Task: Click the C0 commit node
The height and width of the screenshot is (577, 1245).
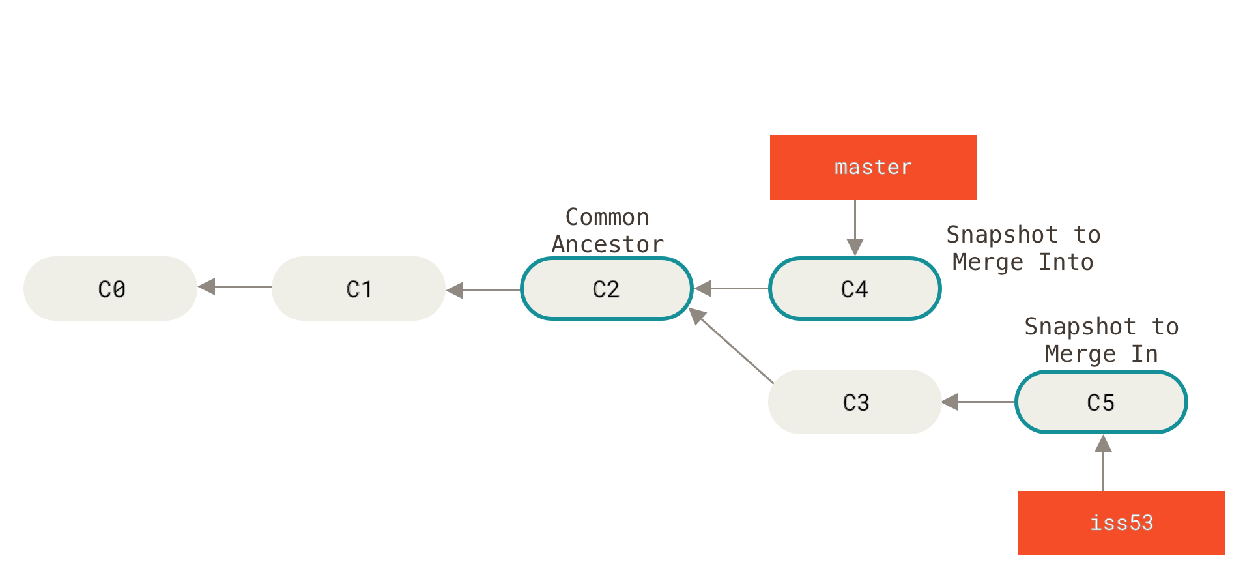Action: tap(111, 288)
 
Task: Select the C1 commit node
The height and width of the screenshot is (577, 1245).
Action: tap(358, 288)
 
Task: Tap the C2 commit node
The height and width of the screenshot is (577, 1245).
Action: tap(606, 288)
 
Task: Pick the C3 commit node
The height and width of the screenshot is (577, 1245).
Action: tap(855, 402)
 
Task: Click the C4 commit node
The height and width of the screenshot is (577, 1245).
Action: tap(855, 288)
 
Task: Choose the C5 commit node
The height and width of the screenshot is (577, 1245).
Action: tap(1101, 402)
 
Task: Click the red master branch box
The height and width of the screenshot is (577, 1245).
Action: tap(873, 167)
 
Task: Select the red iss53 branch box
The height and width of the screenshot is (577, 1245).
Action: tap(1121, 523)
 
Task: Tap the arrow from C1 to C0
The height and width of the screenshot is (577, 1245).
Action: tap(235, 286)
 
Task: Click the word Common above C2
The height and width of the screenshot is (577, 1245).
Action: tap(607, 216)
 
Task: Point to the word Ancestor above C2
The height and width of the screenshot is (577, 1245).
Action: tap(607, 244)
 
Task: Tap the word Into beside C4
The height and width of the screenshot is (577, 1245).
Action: tap(1065, 261)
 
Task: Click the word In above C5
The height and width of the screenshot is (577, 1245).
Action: tap(1144, 353)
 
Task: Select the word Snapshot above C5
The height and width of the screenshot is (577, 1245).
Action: tap(1080, 326)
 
